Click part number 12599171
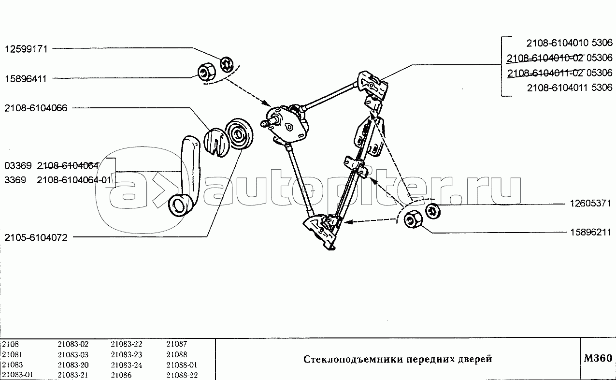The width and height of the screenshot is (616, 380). pyautogui.click(x=27, y=49)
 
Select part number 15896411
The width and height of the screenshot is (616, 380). pyautogui.click(x=26, y=79)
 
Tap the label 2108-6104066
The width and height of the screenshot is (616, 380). pyautogui.click(x=36, y=108)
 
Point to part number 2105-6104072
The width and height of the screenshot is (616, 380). pyautogui.click(x=36, y=238)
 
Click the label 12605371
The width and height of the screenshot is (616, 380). pyautogui.click(x=590, y=204)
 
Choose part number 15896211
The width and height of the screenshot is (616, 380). pyautogui.click(x=591, y=233)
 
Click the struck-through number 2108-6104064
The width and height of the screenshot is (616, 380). pyautogui.click(x=68, y=166)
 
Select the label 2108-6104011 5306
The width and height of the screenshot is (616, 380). pyautogui.click(x=570, y=88)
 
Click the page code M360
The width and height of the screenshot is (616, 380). pyautogui.click(x=598, y=358)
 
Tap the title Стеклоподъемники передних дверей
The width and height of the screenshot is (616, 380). pyautogui.click(x=398, y=359)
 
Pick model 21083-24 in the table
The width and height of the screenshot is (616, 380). pyautogui.click(x=127, y=365)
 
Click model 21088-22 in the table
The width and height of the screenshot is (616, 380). pyautogui.click(x=182, y=375)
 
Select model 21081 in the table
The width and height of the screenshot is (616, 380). pyautogui.click(x=12, y=355)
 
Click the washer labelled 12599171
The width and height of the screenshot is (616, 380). pyautogui.click(x=227, y=65)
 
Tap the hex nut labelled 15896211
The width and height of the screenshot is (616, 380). pyautogui.click(x=413, y=219)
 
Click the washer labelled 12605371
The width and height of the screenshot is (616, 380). pyautogui.click(x=433, y=211)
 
